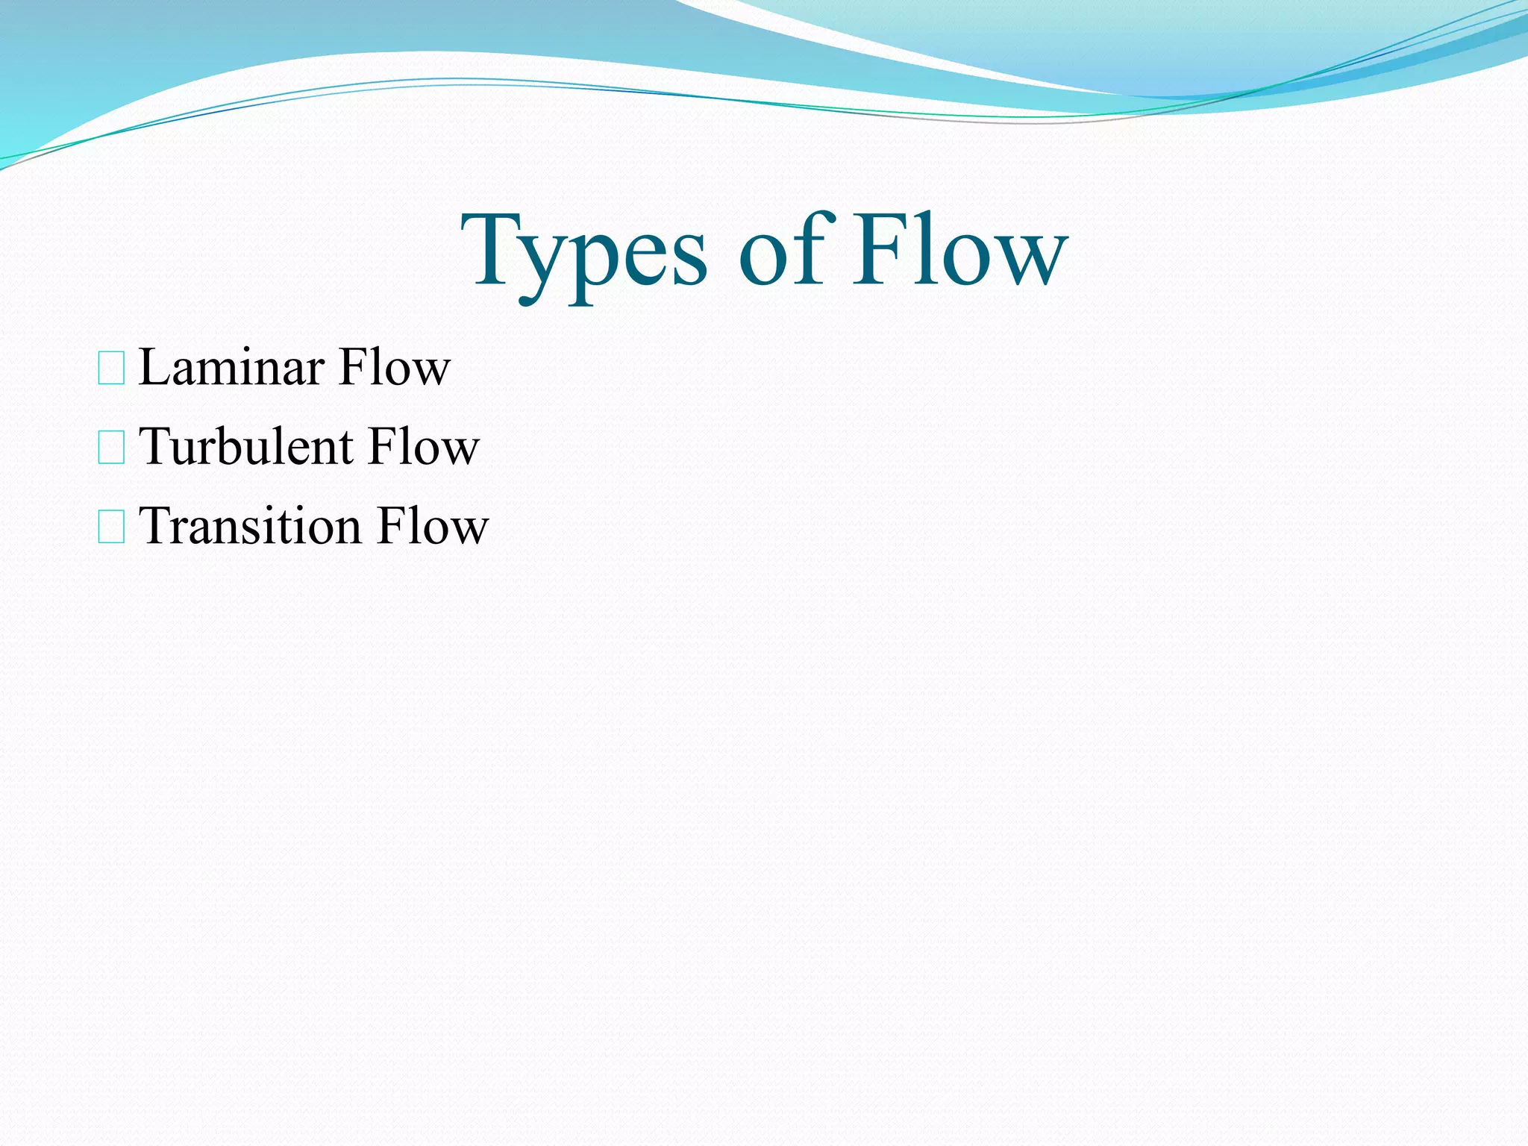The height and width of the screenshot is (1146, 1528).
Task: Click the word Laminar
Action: [x=231, y=367]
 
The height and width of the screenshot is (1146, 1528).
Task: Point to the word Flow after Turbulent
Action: [x=423, y=447]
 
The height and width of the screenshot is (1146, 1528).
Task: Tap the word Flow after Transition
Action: [x=432, y=526]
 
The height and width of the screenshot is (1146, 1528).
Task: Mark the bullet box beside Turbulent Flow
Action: [x=111, y=448]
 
